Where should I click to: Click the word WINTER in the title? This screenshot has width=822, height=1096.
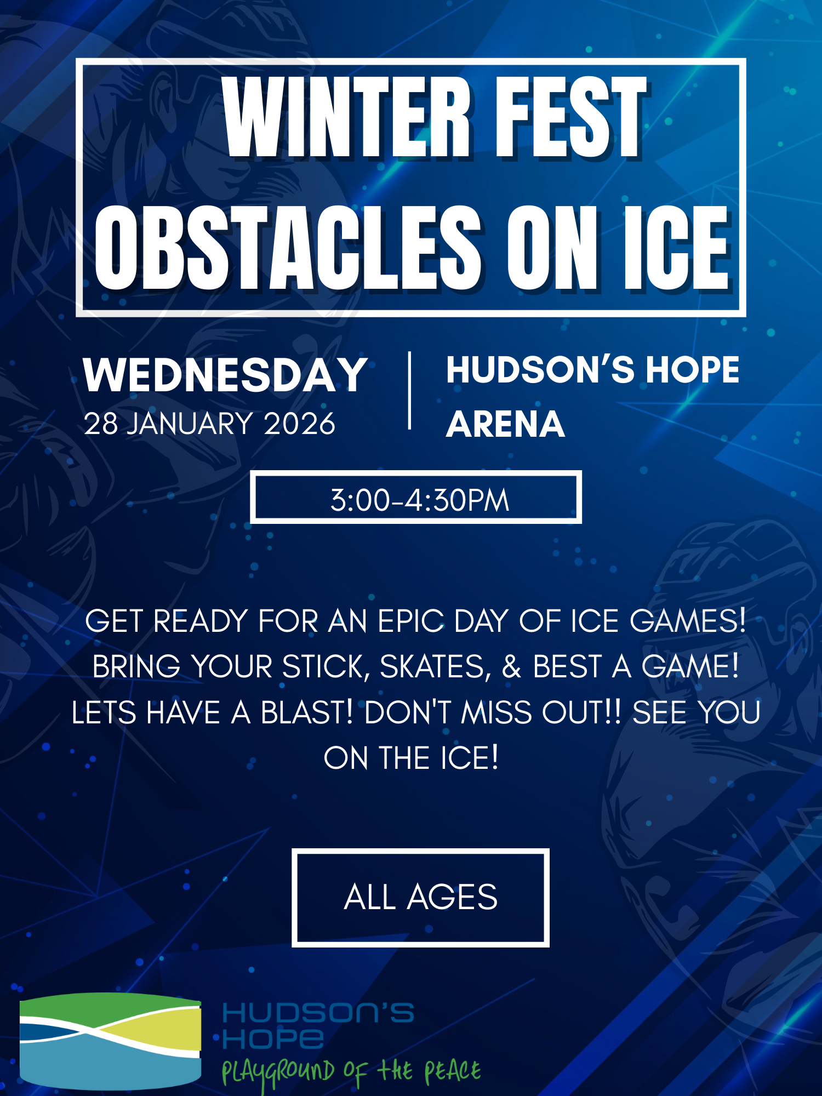tap(346, 117)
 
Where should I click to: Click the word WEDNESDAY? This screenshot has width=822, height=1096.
tap(225, 375)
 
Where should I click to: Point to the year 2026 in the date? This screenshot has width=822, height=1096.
tap(300, 424)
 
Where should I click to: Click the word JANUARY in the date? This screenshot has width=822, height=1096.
tap(191, 424)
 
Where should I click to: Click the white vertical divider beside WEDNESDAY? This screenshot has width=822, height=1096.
tap(409, 391)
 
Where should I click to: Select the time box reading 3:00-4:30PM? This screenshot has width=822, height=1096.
tap(416, 497)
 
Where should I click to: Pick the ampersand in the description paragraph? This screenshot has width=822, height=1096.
tap(511, 667)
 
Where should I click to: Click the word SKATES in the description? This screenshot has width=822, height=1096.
tap(436, 667)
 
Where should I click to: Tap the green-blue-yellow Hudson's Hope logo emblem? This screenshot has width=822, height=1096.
tap(111, 1041)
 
